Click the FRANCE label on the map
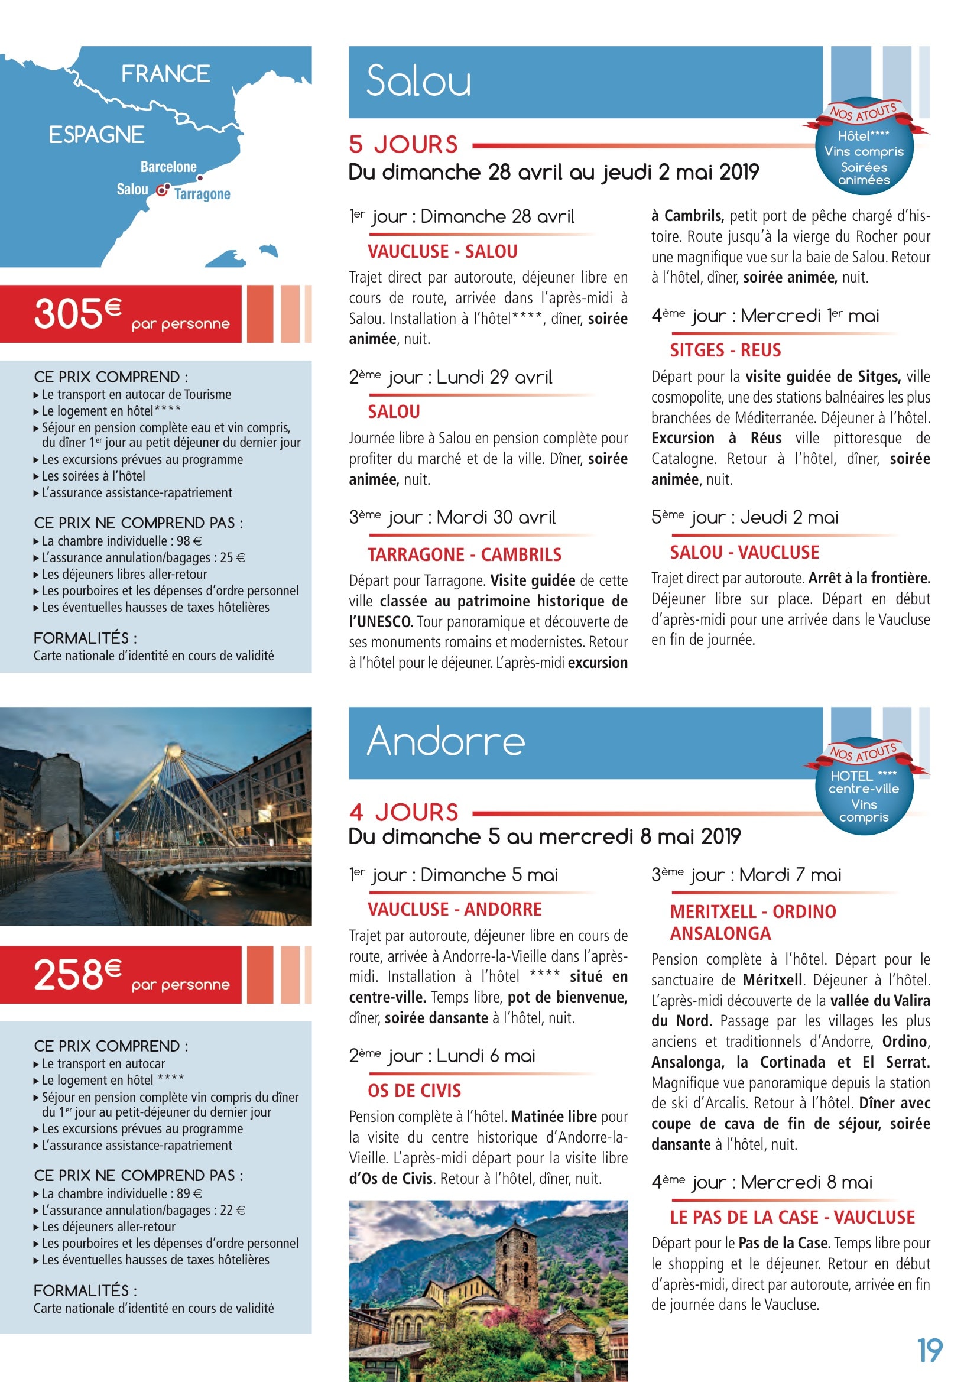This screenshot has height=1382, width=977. [x=165, y=74]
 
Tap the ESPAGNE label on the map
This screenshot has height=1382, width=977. [x=96, y=134]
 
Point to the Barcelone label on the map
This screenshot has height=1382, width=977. [x=168, y=167]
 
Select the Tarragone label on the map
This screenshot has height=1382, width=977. [x=202, y=194]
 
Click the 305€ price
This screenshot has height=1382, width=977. [x=77, y=314]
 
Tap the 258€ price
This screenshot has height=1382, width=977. [x=77, y=975]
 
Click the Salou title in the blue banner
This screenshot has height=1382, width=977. [x=418, y=81]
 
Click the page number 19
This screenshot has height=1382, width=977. [x=929, y=1351]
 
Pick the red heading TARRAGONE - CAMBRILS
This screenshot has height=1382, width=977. [x=464, y=554]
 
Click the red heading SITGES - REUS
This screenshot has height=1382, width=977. [x=725, y=351]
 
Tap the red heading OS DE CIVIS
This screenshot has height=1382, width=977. [x=414, y=1091]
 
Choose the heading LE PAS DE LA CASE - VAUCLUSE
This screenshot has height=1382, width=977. [x=792, y=1217]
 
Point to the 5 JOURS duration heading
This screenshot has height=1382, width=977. [x=403, y=144]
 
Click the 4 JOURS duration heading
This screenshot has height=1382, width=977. [x=403, y=813]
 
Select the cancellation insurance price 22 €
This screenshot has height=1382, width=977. [x=232, y=1210]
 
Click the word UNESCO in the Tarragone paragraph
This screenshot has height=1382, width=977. [x=388, y=621]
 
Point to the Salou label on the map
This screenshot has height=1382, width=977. [x=132, y=189]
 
